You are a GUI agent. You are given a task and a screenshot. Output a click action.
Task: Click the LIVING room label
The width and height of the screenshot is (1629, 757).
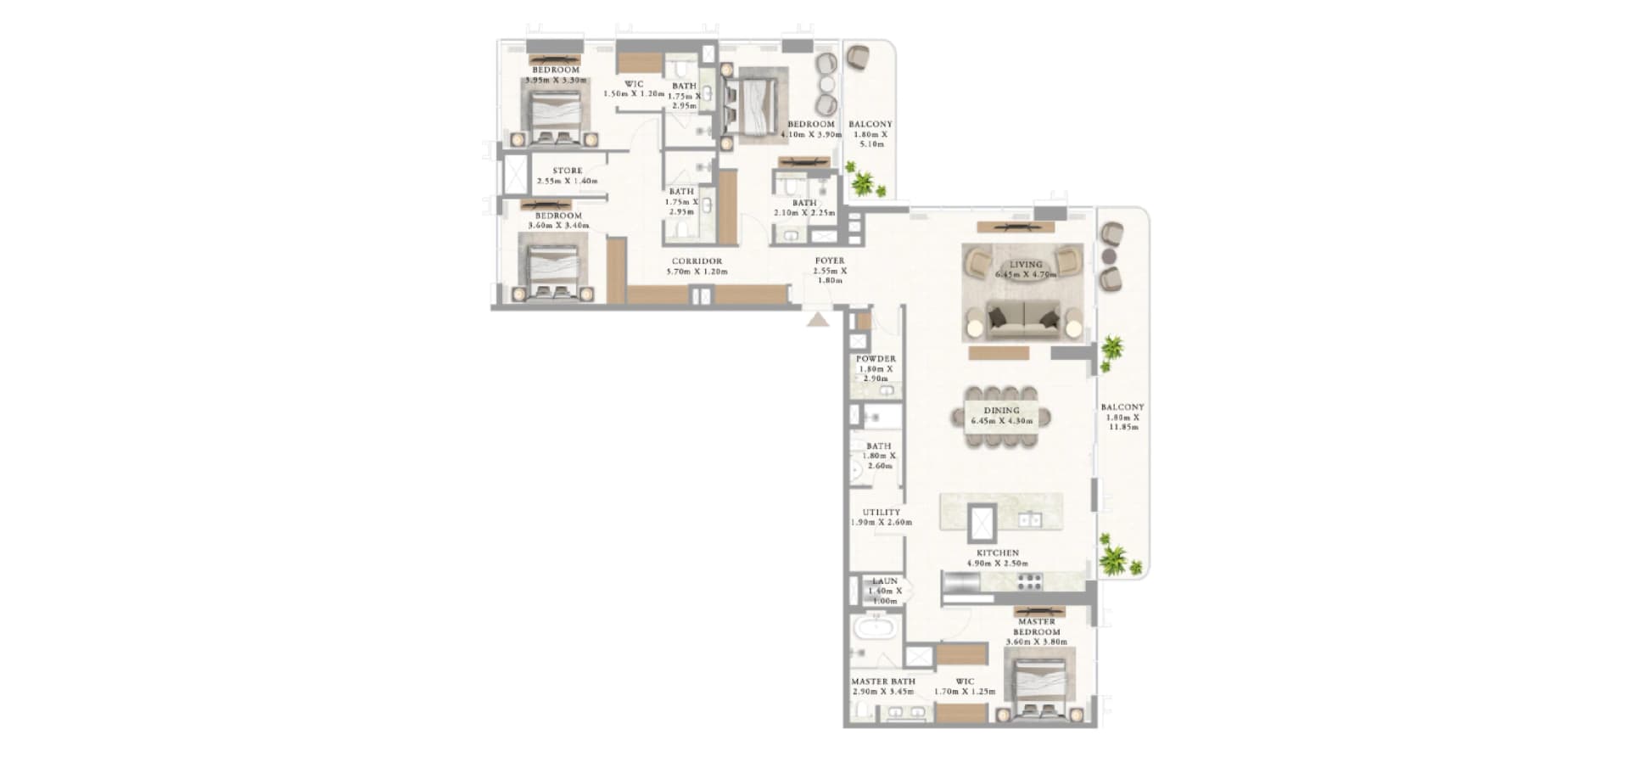[1025, 265]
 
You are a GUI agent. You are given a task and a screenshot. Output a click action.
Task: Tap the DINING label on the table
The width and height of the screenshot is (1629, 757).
[1001, 411]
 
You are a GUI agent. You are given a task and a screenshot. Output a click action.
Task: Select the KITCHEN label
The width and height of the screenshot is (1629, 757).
[997, 553]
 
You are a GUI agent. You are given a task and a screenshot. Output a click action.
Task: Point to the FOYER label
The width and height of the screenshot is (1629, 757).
[829, 261]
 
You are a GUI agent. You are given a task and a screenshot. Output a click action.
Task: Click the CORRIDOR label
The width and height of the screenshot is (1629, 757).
[697, 261]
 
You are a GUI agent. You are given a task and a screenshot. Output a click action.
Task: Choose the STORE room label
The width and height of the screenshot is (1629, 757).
[568, 171]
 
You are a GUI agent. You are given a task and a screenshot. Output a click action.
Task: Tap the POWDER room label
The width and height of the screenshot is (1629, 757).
[876, 359]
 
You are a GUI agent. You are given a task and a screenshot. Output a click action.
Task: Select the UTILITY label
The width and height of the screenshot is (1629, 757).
[881, 513]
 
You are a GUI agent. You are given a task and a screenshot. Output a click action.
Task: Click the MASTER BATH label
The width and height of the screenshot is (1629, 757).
[882, 681]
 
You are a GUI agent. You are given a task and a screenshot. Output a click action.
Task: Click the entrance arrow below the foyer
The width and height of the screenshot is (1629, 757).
[818, 320]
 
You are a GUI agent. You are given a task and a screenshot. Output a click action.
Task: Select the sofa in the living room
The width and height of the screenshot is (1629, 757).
[1024, 321]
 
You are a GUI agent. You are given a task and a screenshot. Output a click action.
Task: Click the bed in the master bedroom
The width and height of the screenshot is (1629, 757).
[1039, 684]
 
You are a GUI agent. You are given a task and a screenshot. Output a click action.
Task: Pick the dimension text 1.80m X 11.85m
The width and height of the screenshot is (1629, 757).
[1123, 423]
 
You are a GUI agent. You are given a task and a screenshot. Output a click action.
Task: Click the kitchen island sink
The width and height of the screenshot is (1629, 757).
[1031, 519]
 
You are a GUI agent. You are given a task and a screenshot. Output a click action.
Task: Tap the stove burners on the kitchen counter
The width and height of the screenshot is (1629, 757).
[1029, 582]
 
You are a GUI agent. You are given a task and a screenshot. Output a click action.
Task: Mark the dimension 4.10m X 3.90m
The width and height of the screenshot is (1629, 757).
[811, 135]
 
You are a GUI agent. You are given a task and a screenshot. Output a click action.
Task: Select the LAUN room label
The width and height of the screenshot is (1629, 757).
[884, 581]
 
